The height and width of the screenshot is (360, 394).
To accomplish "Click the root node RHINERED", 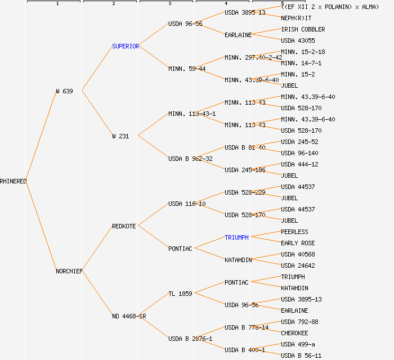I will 14,181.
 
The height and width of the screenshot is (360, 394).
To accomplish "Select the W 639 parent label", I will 64,91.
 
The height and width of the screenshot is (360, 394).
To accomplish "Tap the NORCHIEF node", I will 69,271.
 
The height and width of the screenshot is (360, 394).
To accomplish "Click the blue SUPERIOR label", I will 126,46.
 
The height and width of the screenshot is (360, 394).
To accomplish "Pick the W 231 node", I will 120,136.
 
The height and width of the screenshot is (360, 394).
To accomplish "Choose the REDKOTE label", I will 124,226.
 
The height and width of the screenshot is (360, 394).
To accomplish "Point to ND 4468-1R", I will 129,316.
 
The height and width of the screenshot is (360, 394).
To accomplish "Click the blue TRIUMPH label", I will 236,237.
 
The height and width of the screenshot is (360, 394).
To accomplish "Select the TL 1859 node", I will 180,294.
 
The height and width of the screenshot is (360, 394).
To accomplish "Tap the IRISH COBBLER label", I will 303,29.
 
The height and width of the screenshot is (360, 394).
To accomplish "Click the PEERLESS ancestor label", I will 294,232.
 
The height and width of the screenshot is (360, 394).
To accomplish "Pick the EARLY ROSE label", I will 298,243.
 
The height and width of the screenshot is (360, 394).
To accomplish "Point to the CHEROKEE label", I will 294,333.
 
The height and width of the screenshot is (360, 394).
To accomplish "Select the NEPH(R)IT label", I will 296,18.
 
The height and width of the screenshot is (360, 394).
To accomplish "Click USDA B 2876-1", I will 190,339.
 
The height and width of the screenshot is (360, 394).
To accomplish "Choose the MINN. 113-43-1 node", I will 192,114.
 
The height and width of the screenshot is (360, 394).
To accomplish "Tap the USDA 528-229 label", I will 245,192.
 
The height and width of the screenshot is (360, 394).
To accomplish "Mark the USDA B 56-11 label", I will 301,355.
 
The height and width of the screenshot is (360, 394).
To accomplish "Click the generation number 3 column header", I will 169,4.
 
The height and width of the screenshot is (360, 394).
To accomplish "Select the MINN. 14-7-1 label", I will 301,63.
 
